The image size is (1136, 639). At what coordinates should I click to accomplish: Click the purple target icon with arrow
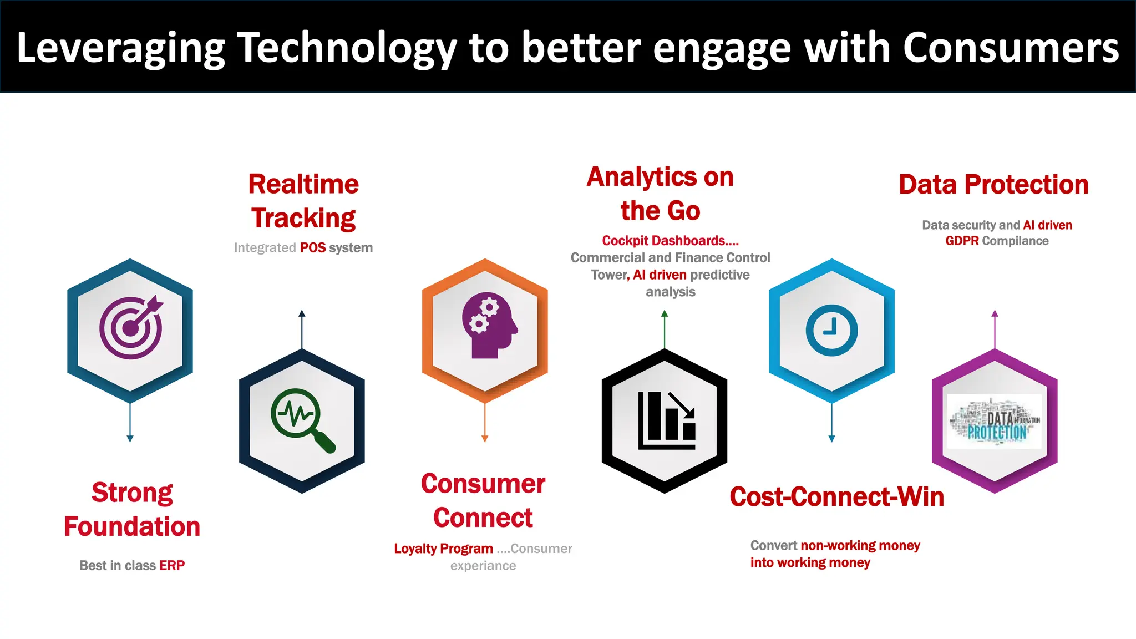click(x=131, y=328)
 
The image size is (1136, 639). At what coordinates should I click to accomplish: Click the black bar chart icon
click(x=666, y=420)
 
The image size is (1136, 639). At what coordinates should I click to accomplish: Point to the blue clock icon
click(x=831, y=330)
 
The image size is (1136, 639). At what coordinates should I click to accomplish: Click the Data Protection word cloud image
click(x=995, y=422)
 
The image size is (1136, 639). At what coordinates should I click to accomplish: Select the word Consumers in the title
click(x=1011, y=48)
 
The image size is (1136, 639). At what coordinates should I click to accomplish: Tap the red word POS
click(x=313, y=248)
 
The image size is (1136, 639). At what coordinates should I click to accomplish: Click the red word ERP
click(x=172, y=566)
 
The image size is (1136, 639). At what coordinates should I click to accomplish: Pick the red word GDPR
click(x=962, y=241)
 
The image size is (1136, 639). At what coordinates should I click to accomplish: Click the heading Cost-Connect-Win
click(x=836, y=497)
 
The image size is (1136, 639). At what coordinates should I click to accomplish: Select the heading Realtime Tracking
click(x=303, y=201)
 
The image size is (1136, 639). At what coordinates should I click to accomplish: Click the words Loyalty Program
click(x=443, y=549)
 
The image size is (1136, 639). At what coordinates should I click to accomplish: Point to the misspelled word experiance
click(x=483, y=566)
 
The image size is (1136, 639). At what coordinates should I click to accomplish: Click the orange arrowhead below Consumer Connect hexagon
click(x=485, y=439)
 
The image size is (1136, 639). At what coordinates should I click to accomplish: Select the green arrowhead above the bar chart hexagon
click(x=665, y=313)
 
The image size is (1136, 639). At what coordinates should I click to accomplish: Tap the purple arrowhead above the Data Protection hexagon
click(x=995, y=313)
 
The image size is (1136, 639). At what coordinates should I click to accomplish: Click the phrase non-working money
click(x=860, y=546)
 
